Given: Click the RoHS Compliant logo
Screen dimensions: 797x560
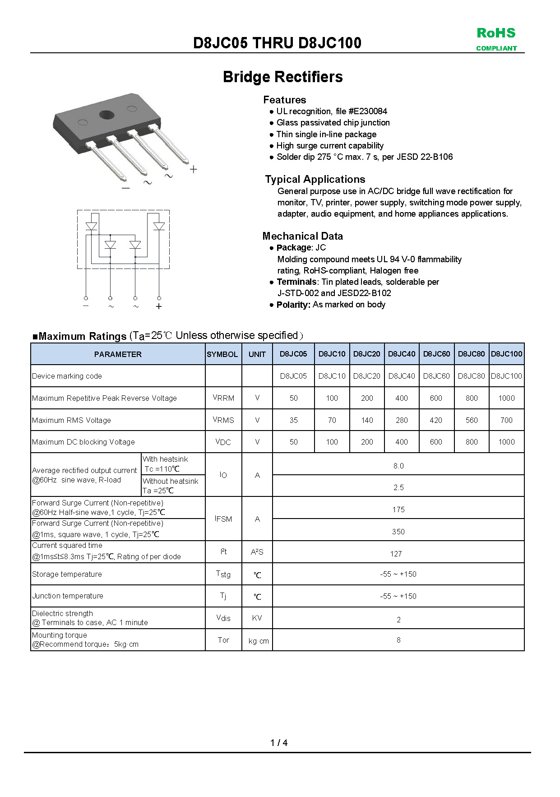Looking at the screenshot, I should [x=496, y=39].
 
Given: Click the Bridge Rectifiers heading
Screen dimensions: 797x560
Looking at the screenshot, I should [x=282, y=77].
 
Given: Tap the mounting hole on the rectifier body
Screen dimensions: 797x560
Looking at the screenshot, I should [x=106, y=114].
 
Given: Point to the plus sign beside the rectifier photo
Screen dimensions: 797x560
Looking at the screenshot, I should [x=194, y=169].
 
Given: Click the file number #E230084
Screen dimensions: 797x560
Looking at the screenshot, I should [x=368, y=111].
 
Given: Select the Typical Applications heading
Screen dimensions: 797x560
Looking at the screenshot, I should [x=315, y=179].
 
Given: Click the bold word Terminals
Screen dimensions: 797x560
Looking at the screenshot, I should [x=296, y=282].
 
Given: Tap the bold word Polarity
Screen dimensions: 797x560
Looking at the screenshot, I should [x=293, y=305].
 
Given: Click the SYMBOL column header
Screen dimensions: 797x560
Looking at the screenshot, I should [x=222, y=354].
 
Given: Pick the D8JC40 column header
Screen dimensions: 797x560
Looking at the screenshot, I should [x=401, y=354].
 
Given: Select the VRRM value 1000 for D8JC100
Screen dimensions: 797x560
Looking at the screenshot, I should [x=506, y=398].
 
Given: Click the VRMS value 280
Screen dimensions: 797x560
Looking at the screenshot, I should [x=402, y=420].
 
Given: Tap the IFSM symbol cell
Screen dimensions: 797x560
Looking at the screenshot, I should [x=223, y=519].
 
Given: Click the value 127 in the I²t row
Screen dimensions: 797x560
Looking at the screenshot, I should [x=396, y=554].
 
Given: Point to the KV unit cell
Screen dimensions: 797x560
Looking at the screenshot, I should [x=257, y=618].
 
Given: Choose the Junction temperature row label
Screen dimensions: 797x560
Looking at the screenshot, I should [x=68, y=596].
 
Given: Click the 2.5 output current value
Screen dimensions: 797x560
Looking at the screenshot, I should [x=398, y=487].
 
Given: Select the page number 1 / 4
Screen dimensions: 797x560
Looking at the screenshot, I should [x=279, y=743].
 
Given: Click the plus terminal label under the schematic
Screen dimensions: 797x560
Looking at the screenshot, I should [x=159, y=306].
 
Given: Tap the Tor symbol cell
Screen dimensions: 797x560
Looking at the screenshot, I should [x=223, y=640].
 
